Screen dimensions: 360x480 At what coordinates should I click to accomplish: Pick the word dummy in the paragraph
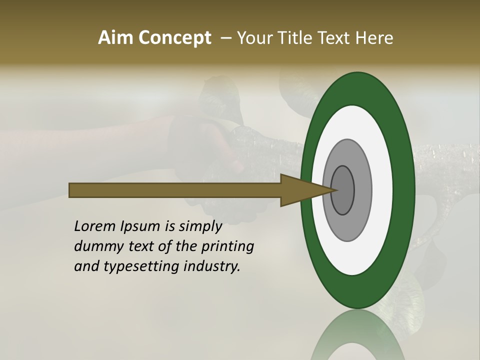click(94, 246)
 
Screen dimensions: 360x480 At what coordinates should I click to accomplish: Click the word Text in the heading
click(334, 38)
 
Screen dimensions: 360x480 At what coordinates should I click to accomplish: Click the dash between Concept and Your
click(225, 38)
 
